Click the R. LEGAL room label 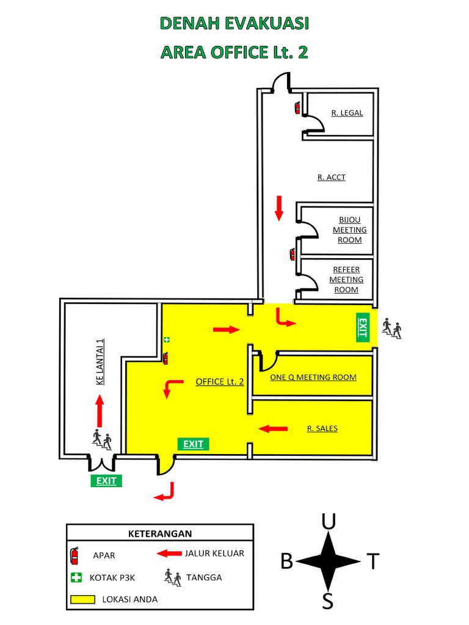[347, 113]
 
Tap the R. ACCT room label [332, 178]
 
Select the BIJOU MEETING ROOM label [349, 230]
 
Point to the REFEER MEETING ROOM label [346, 280]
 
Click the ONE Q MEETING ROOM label [313, 377]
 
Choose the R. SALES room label [322, 428]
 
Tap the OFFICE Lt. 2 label [220, 382]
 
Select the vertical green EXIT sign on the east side [362, 327]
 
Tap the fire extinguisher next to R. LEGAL [297, 107]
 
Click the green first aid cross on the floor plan [165, 339]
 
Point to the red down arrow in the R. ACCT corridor [279, 208]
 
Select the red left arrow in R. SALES [273, 428]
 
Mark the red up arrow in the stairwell [100, 410]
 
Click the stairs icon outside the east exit [391, 329]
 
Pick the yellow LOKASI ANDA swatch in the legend [82, 599]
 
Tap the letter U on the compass [329, 522]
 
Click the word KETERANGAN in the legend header [160, 533]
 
